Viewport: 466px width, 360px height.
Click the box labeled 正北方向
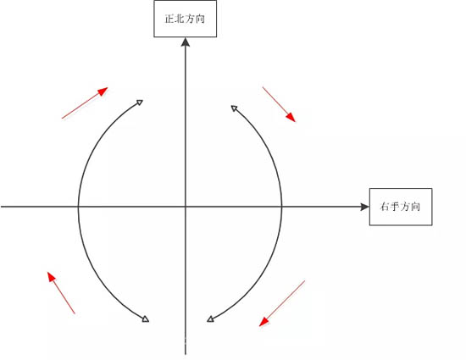[186, 19]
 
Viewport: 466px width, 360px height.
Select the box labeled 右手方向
[401, 207]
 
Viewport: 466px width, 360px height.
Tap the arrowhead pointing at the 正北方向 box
[186, 42]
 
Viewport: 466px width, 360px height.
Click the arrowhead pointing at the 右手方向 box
[364, 207]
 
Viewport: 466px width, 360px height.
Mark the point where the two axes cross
[186, 207]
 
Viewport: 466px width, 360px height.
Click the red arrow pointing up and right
[85, 102]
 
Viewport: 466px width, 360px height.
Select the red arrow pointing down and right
[279, 104]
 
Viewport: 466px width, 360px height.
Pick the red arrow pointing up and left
[61, 292]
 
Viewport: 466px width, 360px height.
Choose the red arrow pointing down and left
[282, 303]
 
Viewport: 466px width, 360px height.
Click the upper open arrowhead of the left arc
[140, 102]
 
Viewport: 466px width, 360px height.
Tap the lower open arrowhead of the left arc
[146, 319]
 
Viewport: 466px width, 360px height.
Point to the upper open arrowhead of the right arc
[234, 108]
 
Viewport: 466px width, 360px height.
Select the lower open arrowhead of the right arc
[210, 319]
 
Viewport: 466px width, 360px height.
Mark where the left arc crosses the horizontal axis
[79, 207]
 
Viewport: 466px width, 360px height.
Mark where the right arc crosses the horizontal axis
[281, 207]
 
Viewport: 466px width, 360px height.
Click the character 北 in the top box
[180, 19]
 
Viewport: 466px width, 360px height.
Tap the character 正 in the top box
[169, 19]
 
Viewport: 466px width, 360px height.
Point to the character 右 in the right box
[385, 207]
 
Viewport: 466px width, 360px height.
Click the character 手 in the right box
[395, 207]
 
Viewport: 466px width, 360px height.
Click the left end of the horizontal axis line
[1, 207]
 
